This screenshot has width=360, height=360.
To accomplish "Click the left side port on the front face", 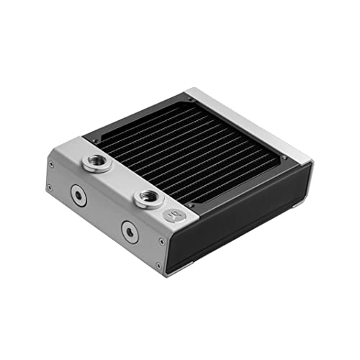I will pyautogui.click(x=78, y=195).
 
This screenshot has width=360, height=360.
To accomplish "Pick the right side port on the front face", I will pyautogui.click(x=129, y=231).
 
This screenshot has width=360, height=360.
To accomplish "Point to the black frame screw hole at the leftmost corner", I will pyautogui.click(x=93, y=137).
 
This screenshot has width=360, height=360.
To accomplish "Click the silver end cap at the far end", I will pyautogui.click(x=252, y=122).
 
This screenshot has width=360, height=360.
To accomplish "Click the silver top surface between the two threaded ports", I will pyautogui.click(x=122, y=179).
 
